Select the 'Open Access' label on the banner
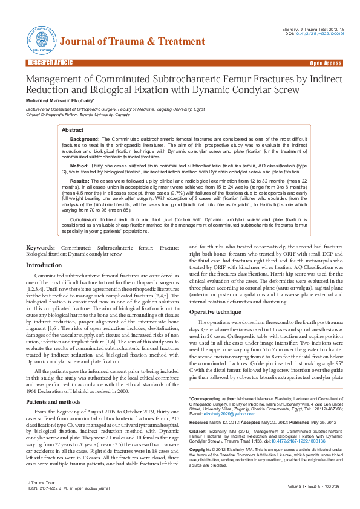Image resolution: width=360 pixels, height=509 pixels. (x=325, y=63)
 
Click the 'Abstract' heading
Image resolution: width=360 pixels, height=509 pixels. (x=73, y=130)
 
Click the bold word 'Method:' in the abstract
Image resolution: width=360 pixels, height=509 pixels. (x=80, y=164)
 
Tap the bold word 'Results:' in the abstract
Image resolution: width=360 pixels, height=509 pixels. (x=80, y=181)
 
